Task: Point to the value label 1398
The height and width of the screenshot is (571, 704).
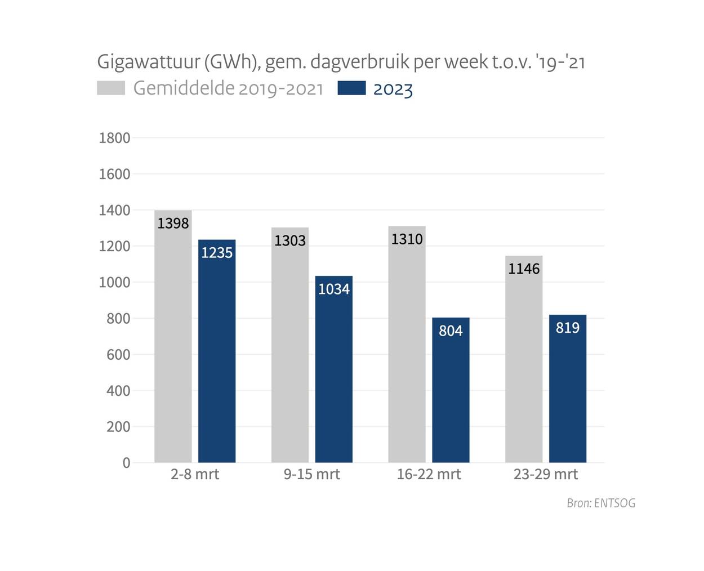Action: coord(173,224)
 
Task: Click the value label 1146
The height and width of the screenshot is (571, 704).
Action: coord(524,269)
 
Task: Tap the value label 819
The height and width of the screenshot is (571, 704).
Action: coord(568,328)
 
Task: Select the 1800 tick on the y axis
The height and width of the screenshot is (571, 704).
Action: coord(114,138)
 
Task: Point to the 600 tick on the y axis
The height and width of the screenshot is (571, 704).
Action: coord(118,355)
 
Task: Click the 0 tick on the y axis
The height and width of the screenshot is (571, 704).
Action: coord(126,463)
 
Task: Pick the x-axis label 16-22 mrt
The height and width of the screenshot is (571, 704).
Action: coord(429,474)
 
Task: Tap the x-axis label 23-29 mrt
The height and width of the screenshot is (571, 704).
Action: coord(545,474)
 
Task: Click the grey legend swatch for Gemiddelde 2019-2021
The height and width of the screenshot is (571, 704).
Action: coord(111,88)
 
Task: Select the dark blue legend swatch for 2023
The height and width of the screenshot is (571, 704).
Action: coord(351,88)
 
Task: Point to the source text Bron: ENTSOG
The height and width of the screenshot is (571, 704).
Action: coord(601,503)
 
